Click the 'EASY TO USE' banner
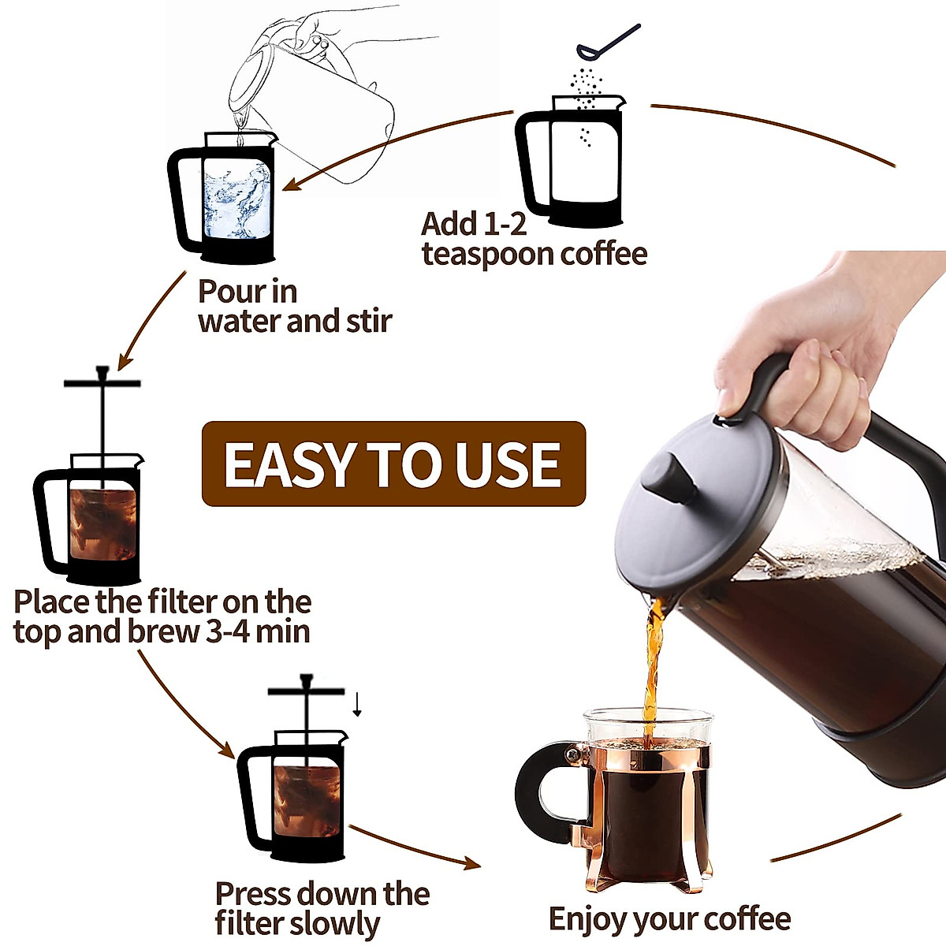[x=393, y=464]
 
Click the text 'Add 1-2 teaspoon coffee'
[x=534, y=239]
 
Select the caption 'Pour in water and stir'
[x=294, y=307]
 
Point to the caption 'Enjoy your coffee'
[x=669, y=919]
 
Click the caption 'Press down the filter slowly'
[x=322, y=908]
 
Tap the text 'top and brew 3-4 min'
[x=162, y=632]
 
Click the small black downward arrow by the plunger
[x=357, y=705]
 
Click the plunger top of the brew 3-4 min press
[x=102, y=382]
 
